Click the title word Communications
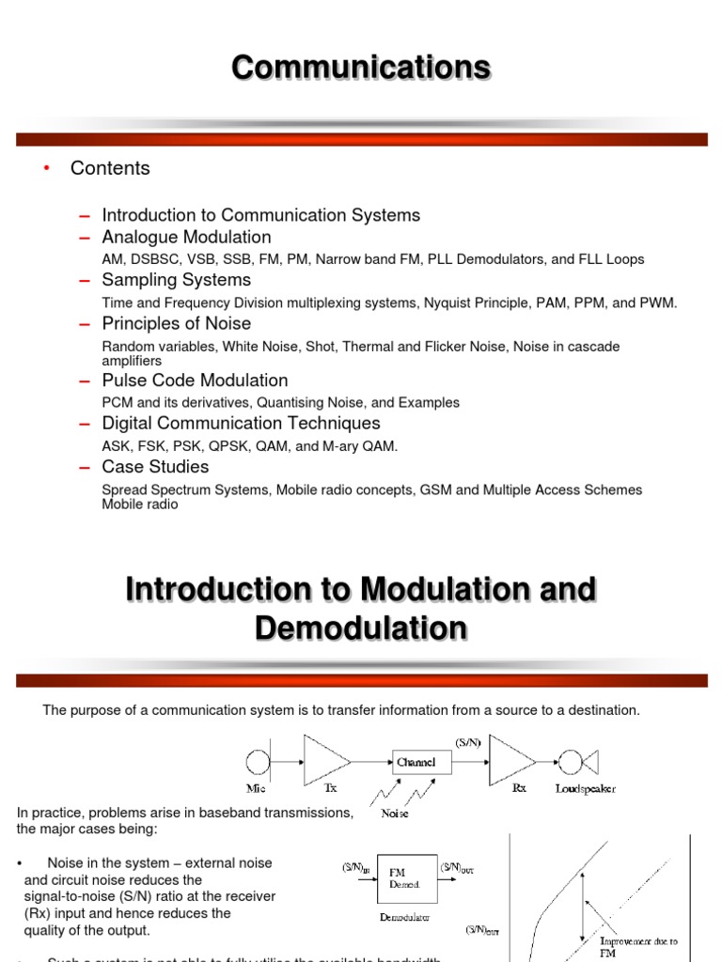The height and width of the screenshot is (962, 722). tap(361, 68)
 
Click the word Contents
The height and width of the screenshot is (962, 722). tap(110, 168)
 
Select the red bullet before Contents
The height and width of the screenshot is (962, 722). tap(43, 168)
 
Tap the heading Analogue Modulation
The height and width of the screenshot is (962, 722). tap(186, 237)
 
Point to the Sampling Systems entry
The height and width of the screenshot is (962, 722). tap(176, 280)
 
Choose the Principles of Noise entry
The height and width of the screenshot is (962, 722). tap(176, 323)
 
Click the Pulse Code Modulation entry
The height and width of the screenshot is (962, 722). tap(195, 380)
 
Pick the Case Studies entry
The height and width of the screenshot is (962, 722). tap(155, 467)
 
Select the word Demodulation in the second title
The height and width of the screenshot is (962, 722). tap(361, 628)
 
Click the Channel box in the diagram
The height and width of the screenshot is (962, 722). tap(416, 762)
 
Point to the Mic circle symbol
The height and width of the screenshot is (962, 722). tap(258, 762)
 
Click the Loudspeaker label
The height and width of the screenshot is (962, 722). tap(585, 789)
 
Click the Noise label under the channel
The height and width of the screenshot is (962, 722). tap(395, 814)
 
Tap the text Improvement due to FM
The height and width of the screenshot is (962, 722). tap(638, 946)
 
